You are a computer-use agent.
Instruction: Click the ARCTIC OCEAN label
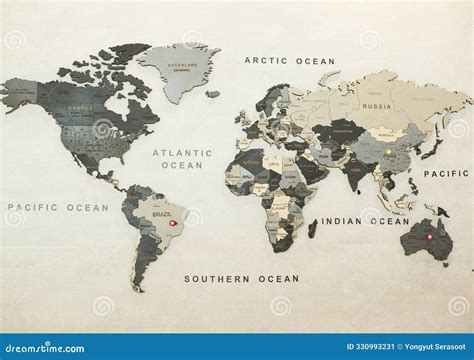pos(290,61)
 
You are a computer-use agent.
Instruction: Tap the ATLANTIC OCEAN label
pos(182,159)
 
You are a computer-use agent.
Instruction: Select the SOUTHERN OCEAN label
pos(241,278)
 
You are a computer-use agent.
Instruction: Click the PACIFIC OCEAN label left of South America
pos(58,207)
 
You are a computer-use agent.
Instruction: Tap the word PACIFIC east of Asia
pos(446,173)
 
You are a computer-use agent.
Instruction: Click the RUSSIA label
pos(377,105)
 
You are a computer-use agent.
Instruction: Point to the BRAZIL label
pos(162,213)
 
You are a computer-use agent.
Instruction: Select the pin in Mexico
pos(95,172)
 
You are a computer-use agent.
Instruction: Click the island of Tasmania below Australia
pos(440,265)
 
